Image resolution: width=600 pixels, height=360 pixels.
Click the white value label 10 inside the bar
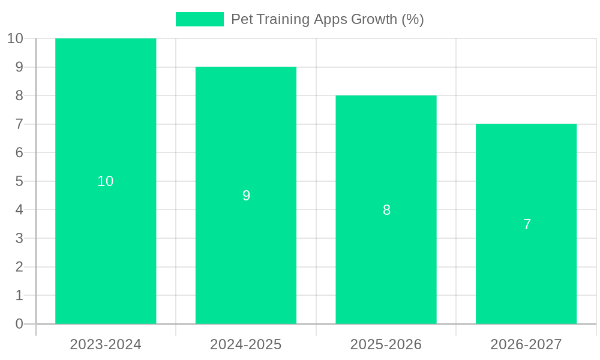(x=106, y=181)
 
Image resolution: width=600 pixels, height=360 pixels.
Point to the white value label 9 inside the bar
(x=246, y=196)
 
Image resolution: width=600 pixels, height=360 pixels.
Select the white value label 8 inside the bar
(x=386, y=210)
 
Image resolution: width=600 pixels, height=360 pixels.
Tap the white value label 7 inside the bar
(x=527, y=224)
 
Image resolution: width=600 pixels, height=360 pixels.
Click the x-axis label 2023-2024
(x=106, y=344)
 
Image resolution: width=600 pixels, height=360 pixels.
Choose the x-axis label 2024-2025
(x=246, y=344)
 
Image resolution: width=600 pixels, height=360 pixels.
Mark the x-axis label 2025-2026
(x=386, y=344)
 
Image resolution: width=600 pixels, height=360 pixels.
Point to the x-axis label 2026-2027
(x=526, y=344)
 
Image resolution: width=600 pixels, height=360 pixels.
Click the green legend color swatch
(x=199, y=19)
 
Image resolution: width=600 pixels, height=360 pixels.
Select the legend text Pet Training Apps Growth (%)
(x=327, y=19)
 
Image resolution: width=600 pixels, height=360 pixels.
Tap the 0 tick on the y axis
(x=19, y=324)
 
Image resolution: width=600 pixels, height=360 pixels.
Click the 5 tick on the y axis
(x=19, y=181)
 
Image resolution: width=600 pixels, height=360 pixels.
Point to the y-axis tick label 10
(x=15, y=38)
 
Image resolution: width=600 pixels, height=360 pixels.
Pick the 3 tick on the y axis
(x=19, y=238)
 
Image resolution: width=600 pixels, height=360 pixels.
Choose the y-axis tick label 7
(x=19, y=124)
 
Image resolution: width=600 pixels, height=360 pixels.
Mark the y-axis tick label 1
(x=19, y=295)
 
